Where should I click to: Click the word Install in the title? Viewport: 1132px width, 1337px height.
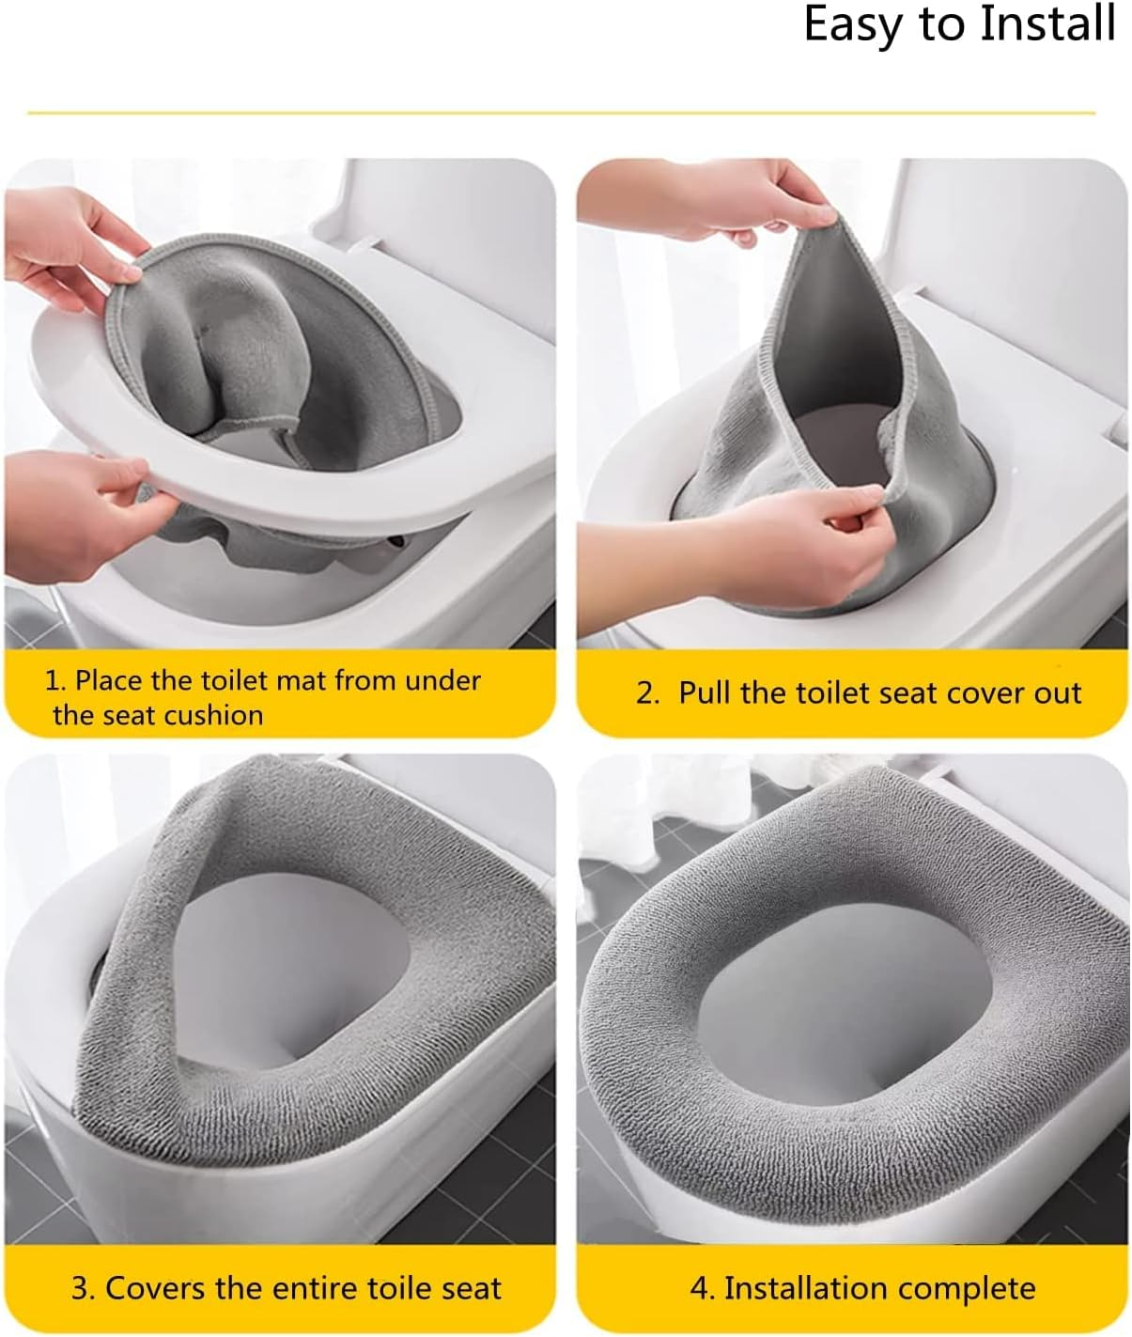[1047, 24]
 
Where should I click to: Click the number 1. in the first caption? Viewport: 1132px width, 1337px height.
[55, 680]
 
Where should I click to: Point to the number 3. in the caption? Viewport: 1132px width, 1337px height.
[84, 1288]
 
